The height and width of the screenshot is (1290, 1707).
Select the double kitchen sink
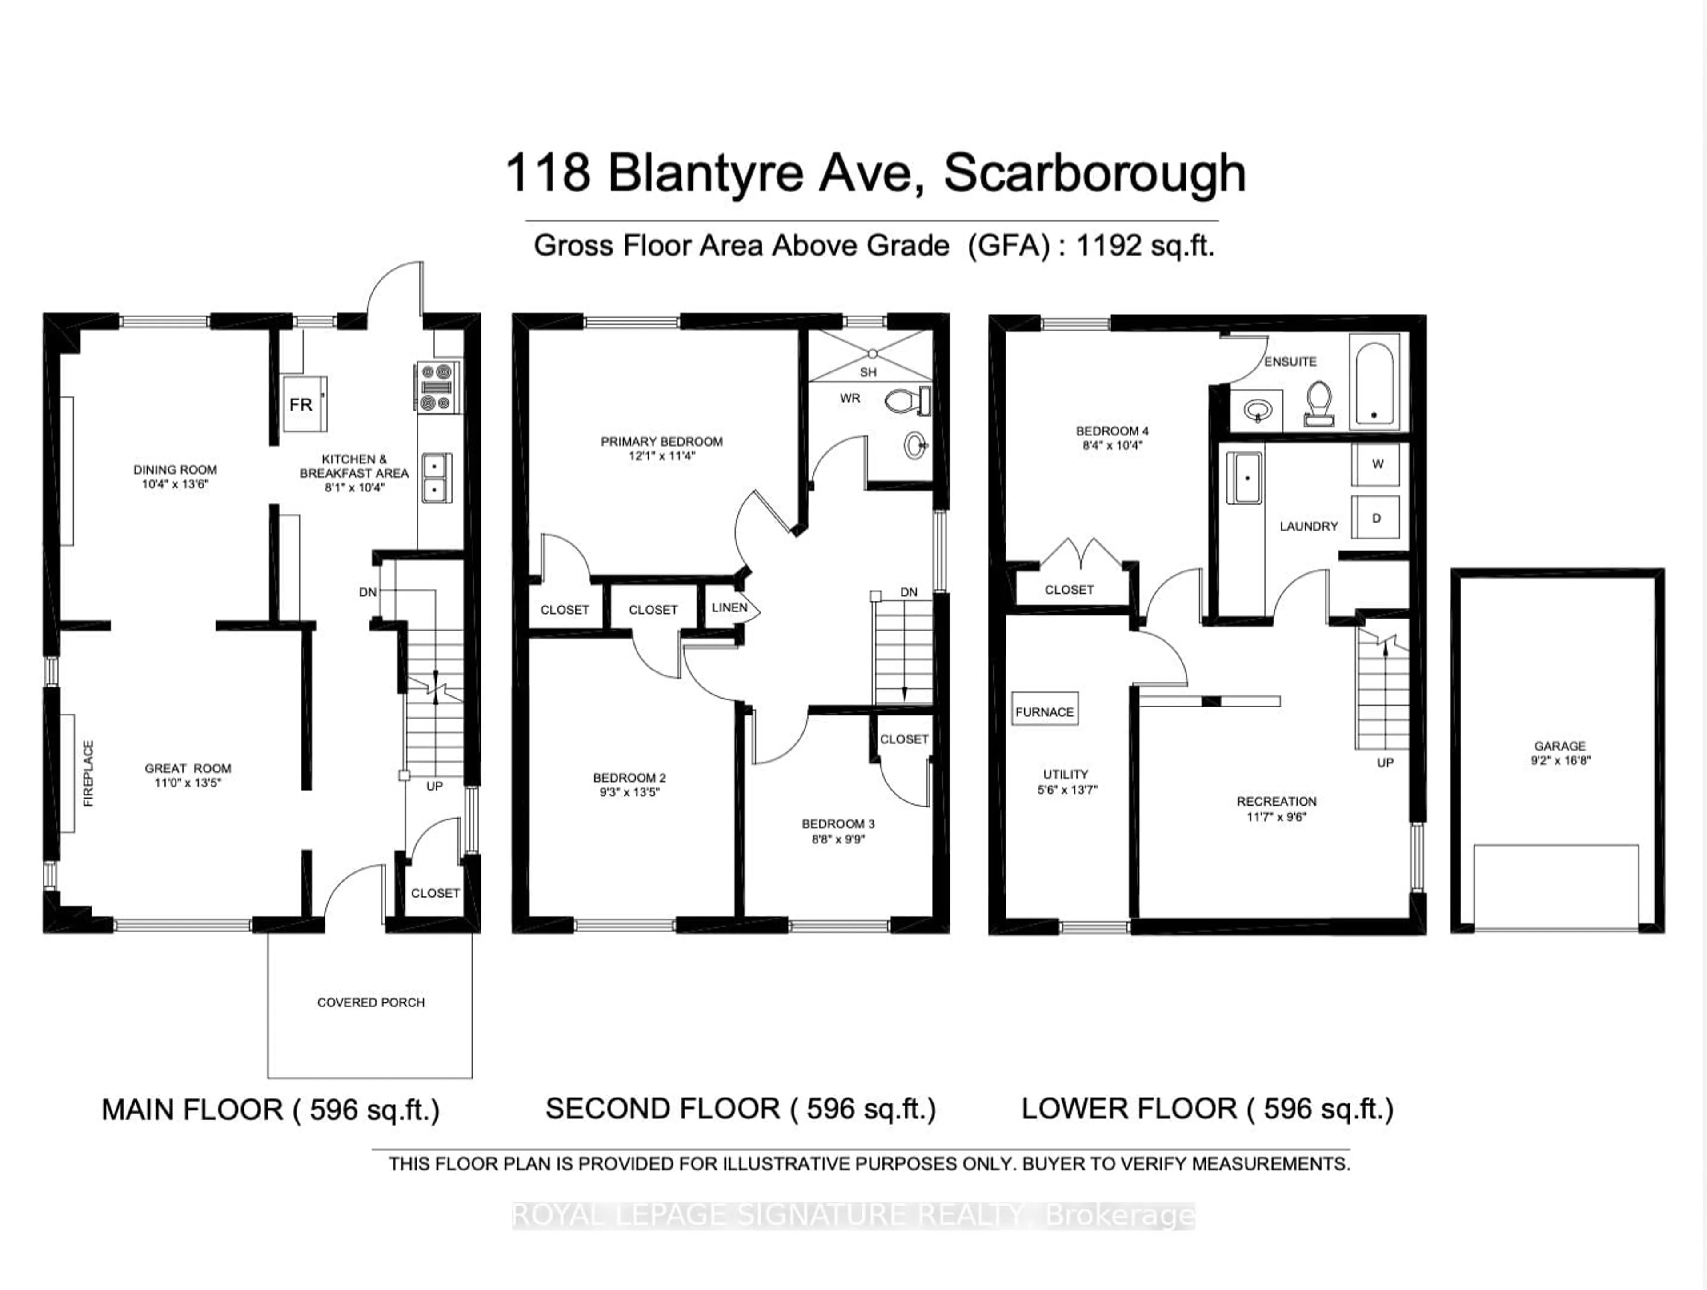point(437,478)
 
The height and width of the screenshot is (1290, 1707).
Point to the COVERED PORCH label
point(370,1002)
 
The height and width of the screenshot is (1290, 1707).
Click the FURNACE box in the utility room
point(1044,711)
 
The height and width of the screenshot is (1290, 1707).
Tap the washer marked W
point(1377,463)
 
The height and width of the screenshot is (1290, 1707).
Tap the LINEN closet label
point(729,607)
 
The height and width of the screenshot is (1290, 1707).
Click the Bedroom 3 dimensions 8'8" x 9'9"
point(838,839)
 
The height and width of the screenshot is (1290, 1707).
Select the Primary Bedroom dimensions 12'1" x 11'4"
point(661,456)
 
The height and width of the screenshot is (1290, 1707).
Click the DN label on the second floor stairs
point(908,592)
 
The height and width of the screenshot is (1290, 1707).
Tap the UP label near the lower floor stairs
point(1385,762)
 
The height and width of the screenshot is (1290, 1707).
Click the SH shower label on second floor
point(868,372)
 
